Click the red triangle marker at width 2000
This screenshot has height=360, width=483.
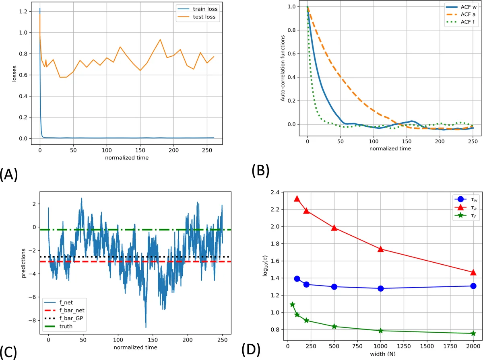pyautogui.click(x=473, y=272)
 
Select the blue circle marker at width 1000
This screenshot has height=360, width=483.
pyautogui.click(x=381, y=288)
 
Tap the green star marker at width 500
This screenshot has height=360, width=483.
pyautogui.click(x=334, y=326)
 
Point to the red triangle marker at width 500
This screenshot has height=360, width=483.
pyautogui.click(x=334, y=228)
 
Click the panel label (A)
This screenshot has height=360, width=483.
pyautogui.click(x=9, y=175)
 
